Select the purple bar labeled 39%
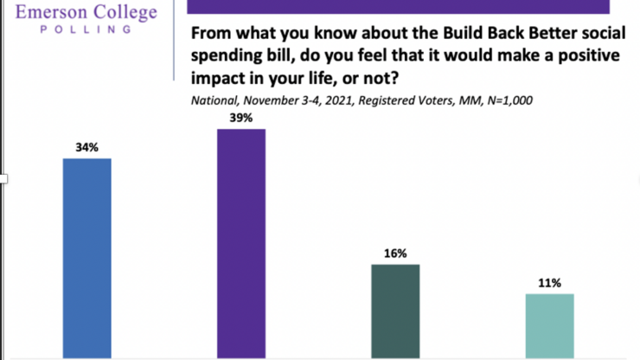(x=241, y=242)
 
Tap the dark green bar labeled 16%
(x=395, y=310)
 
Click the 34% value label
(x=87, y=147)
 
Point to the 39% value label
(x=241, y=118)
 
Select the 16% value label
(x=395, y=253)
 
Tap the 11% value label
(x=549, y=282)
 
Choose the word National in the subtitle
(x=211, y=100)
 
